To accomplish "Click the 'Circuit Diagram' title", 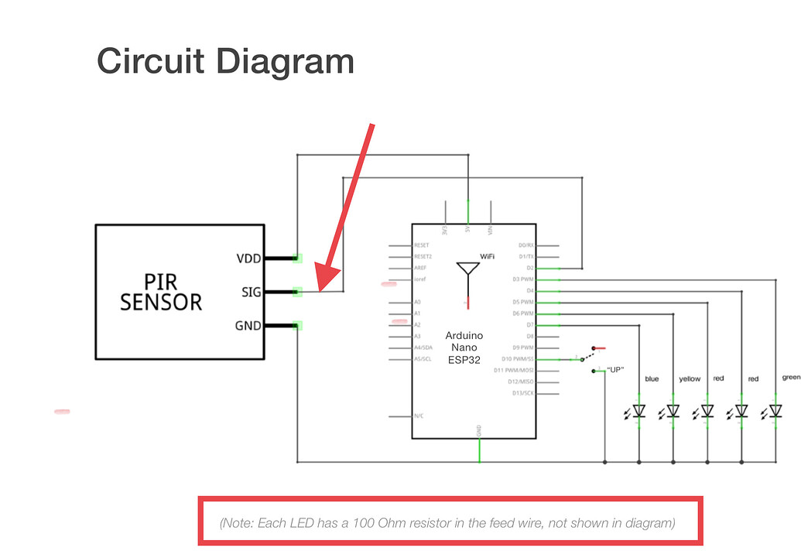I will (x=225, y=61).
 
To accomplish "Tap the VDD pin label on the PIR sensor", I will (x=248, y=258).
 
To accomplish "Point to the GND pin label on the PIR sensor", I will (x=248, y=326).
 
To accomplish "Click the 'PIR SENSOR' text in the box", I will (x=161, y=292).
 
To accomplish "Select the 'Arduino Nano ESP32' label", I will (x=464, y=347).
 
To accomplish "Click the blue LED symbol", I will (x=639, y=411).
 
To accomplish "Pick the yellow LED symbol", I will (x=673, y=411).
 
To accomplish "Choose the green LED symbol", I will (x=775, y=411).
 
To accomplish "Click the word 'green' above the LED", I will (x=790, y=378).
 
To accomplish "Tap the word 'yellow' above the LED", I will (x=689, y=379).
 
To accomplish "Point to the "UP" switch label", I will (x=615, y=369).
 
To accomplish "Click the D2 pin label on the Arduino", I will (x=529, y=268).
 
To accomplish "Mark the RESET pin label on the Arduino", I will (x=423, y=245).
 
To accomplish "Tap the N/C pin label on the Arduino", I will (x=419, y=416).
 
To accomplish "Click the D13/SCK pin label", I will (x=522, y=393).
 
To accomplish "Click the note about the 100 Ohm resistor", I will (x=448, y=523).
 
